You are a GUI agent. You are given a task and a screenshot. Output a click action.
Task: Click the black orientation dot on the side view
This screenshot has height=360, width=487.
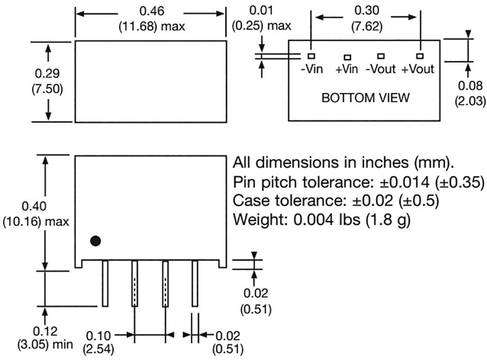click(x=96, y=241)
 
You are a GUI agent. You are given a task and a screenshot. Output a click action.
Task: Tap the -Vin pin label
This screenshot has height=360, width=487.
click(x=312, y=69)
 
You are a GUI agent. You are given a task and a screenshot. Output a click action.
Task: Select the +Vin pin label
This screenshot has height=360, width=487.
click(x=346, y=69)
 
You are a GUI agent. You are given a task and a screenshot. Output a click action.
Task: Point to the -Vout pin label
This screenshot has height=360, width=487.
click(x=380, y=69)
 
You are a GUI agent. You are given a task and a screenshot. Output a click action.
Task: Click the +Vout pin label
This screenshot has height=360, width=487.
click(x=418, y=69)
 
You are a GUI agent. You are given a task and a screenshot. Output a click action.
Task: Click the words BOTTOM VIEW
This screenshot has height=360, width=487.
click(x=365, y=98)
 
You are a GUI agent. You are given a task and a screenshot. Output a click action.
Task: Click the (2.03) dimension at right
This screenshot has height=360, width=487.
click(x=471, y=101)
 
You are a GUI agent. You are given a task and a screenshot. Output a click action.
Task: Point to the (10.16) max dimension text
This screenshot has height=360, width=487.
click(x=36, y=222)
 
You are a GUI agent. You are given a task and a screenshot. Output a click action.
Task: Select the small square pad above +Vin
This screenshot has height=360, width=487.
click(x=347, y=57)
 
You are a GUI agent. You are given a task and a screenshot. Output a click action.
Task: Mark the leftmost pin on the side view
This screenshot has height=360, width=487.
click(x=105, y=283)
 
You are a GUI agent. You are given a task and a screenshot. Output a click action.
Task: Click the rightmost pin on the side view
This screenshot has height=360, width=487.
click(x=195, y=283)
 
